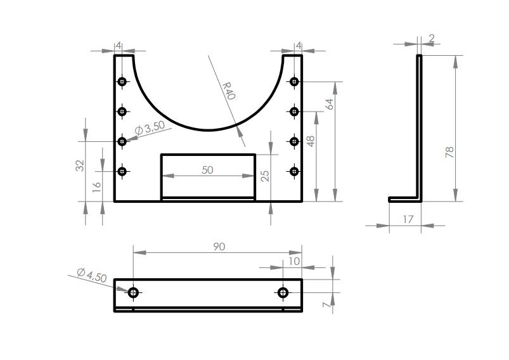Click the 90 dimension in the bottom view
[x=218, y=247]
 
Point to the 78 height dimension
[x=450, y=153]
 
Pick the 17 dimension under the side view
[x=408, y=219]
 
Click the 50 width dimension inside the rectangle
[x=207, y=170]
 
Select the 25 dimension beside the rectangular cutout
[x=265, y=176]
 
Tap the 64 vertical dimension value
[x=329, y=105]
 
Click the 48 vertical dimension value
[x=311, y=141]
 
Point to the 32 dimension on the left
[x=80, y=165]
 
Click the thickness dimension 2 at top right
[x=432, y=39]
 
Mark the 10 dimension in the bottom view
[x=293, y=261]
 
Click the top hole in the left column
[x=122, y=81]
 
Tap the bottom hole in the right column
[x=293, y=171]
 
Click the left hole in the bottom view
[x=133, y=292]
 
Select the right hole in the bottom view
[x=283, y=292]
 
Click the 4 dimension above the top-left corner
[x=118, y=45]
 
